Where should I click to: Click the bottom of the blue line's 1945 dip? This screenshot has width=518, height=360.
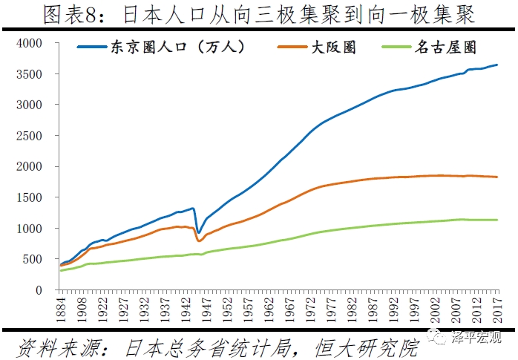(x=198, y=232)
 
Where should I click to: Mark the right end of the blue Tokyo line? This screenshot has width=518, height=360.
(x=497, y=65)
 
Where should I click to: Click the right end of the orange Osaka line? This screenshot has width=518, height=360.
(x=497, y=177)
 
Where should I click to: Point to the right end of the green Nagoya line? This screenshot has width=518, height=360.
(x=497, y=220)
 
